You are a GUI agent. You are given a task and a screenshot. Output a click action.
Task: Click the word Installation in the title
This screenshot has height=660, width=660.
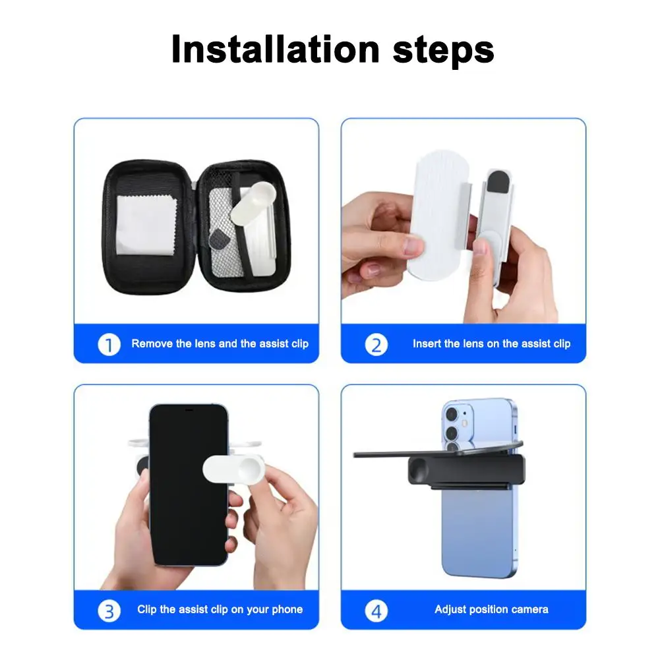point(276,49)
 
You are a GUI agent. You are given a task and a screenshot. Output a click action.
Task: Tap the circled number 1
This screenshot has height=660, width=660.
point(109,344)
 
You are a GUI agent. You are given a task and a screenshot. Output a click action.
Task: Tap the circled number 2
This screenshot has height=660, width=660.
point(376,344)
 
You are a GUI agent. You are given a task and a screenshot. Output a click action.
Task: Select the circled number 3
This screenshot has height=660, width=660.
point(109,610)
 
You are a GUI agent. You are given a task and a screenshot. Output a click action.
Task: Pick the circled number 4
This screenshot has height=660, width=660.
point(376,610)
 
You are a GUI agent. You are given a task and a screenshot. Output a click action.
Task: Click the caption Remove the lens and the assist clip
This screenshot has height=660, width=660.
point(220,344)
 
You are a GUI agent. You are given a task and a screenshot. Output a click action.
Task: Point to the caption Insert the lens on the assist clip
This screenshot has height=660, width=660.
point(491,344)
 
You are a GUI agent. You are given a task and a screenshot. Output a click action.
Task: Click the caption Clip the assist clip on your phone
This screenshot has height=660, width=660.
point(220,609)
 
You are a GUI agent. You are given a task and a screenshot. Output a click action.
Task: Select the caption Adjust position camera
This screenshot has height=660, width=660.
point(491,609)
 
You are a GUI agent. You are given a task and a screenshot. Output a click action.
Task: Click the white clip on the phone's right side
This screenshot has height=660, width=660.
point(234,469)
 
